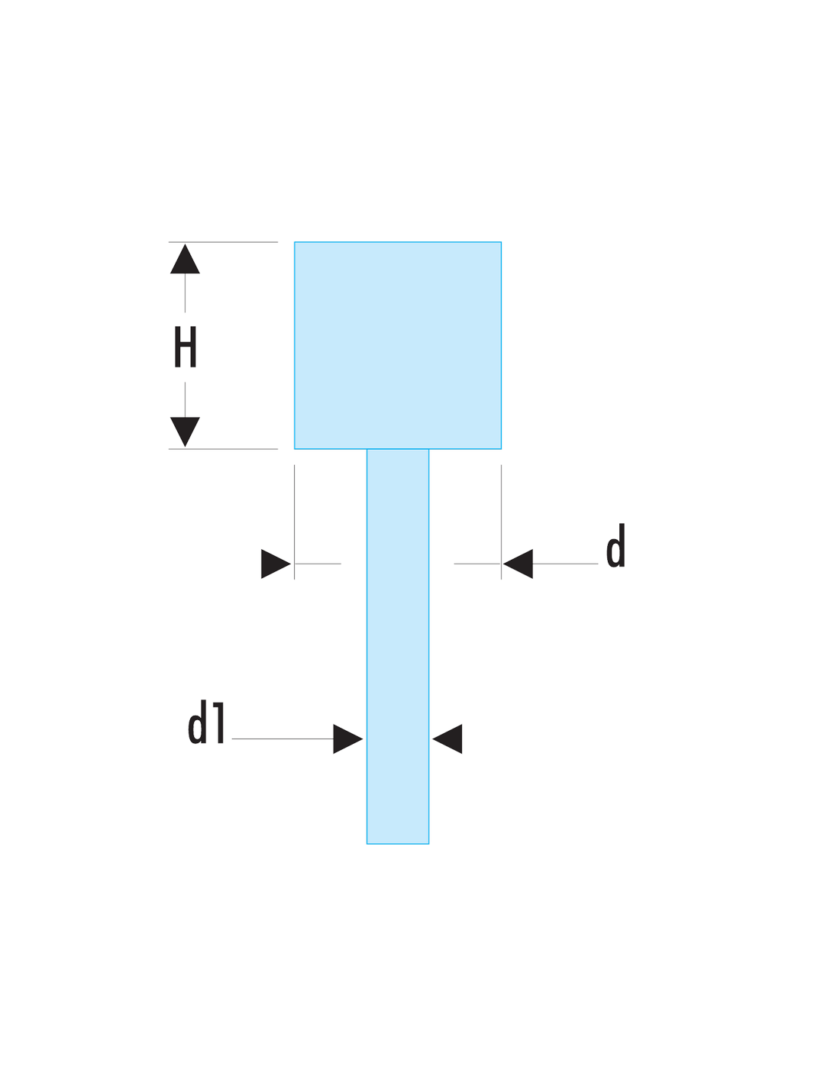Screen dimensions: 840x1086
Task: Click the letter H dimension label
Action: pyautogui.click(x=185, y=347)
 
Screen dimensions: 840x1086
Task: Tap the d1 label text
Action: pyautogui.click(x=206, y=722)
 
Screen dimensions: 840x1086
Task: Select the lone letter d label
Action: pyautogui.click(x=615, y=545)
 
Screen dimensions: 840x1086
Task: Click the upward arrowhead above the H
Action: pyautogui.click(x=185, y=259)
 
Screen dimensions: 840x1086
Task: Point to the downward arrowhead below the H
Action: pyautogui.click(x=185, y=431)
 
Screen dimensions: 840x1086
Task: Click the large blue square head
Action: pyautogui.click(x=398, y=345)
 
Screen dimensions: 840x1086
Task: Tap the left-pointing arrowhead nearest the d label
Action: pyautogui.click(x=518, y=564)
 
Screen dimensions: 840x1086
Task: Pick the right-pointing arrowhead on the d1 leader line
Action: pyautogui.click(x=347, y=739)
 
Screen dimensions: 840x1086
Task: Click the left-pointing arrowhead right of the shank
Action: pyautogui.click(x=447, y=739)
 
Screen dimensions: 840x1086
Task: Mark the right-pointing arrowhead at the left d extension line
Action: pyautogui.click(x=276, y=564)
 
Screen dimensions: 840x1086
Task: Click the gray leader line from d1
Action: pyautogui.click(x=283, y=739)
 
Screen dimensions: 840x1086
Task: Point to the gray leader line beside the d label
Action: pyautogui.click(x=565, y=564)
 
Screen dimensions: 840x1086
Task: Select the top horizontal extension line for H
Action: pyautogui.click(x=223, y=242)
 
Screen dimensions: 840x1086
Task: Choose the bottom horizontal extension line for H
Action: pyautogui.click(x=223, y=449)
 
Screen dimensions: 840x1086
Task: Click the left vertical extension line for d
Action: pyautogui.click(x=294, y=522)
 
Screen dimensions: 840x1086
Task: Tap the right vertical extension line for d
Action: pyautogui.click(x=501, y=522)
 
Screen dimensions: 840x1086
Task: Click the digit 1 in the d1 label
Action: pyautogui.click(x=219, y=722)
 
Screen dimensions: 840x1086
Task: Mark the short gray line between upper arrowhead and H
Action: pyautogui.click(x=185, y=293)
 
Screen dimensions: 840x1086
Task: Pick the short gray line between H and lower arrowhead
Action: pyautogui.click(x=185, y=400)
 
